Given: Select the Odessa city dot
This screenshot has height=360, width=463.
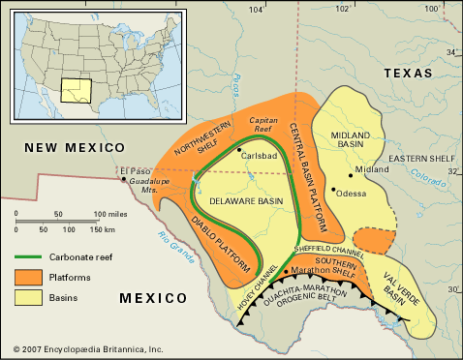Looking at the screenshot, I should click(334, 190).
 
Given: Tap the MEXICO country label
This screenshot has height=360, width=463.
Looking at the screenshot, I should click(153, 300).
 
